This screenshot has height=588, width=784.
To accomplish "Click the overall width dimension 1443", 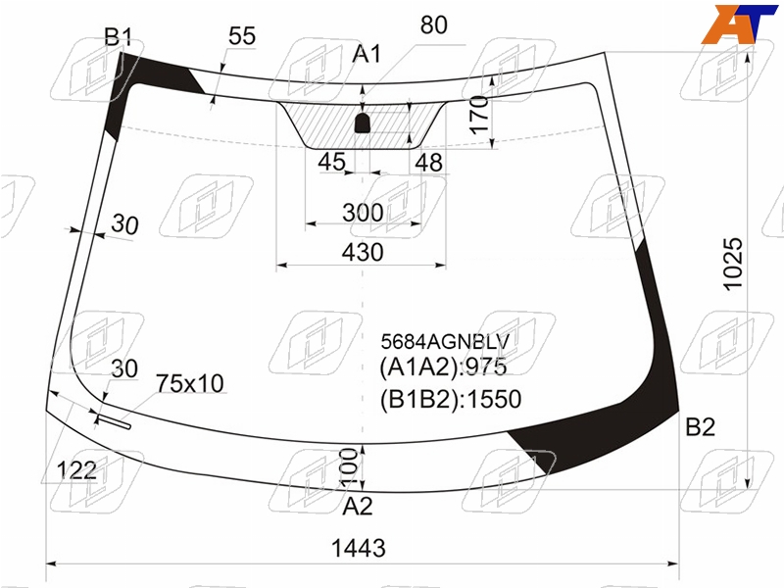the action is [x=359, y=548].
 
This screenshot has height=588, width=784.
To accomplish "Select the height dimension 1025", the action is [x=733, y=264].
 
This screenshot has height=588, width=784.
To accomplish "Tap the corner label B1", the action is [x=119, y=37].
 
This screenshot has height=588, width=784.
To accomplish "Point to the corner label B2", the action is [x=700, y=427].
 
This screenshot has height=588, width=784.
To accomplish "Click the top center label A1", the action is [x=367, y=54].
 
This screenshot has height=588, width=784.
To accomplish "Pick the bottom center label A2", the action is [x=358, y=506].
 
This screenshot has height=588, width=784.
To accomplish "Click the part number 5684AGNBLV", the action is [x=445, y=342].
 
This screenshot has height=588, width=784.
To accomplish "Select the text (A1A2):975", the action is [x=443, y=367].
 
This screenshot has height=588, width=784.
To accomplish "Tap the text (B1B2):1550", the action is [x=451, y=400].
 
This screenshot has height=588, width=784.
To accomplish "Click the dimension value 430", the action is [x=363, y=252].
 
